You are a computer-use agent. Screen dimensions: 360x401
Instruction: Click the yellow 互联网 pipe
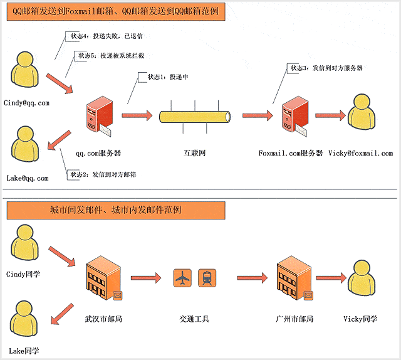click(195, 116)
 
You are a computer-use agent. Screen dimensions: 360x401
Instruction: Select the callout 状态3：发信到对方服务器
click(326, 68)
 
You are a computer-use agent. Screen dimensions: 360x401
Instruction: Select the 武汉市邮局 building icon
click(102, 279)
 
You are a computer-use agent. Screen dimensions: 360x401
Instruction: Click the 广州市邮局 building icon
click(293, 279)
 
